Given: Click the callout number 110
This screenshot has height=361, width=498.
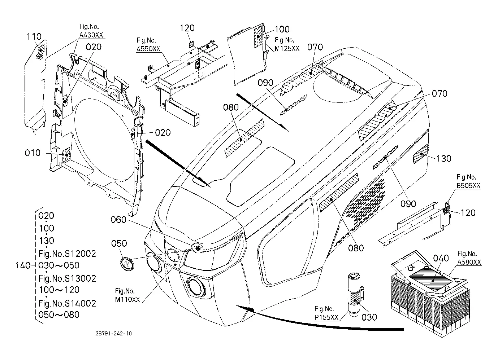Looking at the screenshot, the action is [34, 37].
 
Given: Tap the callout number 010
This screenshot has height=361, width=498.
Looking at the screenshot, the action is [33, 153].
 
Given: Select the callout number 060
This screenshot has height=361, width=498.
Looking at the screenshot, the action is [118, 220].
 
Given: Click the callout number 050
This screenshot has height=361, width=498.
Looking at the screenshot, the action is [119, 243].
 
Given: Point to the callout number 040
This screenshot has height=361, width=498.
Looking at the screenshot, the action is [441, 258].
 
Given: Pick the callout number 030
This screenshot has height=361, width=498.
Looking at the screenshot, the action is [369, 317].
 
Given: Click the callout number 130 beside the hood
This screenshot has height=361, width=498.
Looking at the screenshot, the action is [444, 159].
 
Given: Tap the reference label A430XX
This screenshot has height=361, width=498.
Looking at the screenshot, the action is [91, 35].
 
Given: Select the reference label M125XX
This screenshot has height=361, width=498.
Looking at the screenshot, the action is [287, 48].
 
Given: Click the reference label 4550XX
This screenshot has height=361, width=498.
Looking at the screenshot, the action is [148, 49].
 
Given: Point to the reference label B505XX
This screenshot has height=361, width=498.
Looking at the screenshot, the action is [468, 185].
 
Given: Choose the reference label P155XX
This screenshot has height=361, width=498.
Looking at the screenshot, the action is [326, 317].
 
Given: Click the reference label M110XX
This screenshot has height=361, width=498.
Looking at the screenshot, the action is [127, 299].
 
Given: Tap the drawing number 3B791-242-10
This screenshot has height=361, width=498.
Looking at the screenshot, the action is [114, 334].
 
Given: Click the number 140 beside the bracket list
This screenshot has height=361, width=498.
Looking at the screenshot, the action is [23, 265].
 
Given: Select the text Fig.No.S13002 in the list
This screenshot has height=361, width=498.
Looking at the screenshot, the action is [67, 278].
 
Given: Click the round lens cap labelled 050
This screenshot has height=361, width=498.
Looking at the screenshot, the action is [127, 264].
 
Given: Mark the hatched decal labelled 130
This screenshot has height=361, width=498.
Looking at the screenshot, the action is [420, 154].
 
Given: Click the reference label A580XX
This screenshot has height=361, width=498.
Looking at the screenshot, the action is [469, 262].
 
